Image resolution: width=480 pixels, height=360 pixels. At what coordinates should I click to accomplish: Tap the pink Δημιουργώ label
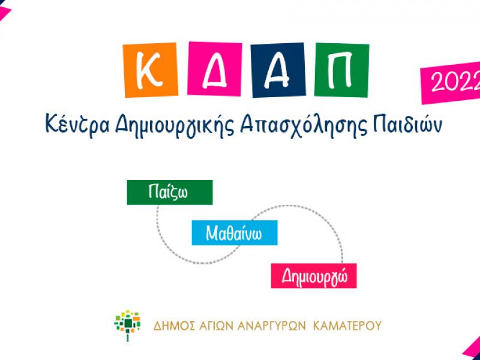314,276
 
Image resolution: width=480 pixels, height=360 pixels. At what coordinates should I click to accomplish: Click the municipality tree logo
127,325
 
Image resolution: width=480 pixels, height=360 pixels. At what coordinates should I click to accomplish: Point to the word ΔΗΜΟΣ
171,326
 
